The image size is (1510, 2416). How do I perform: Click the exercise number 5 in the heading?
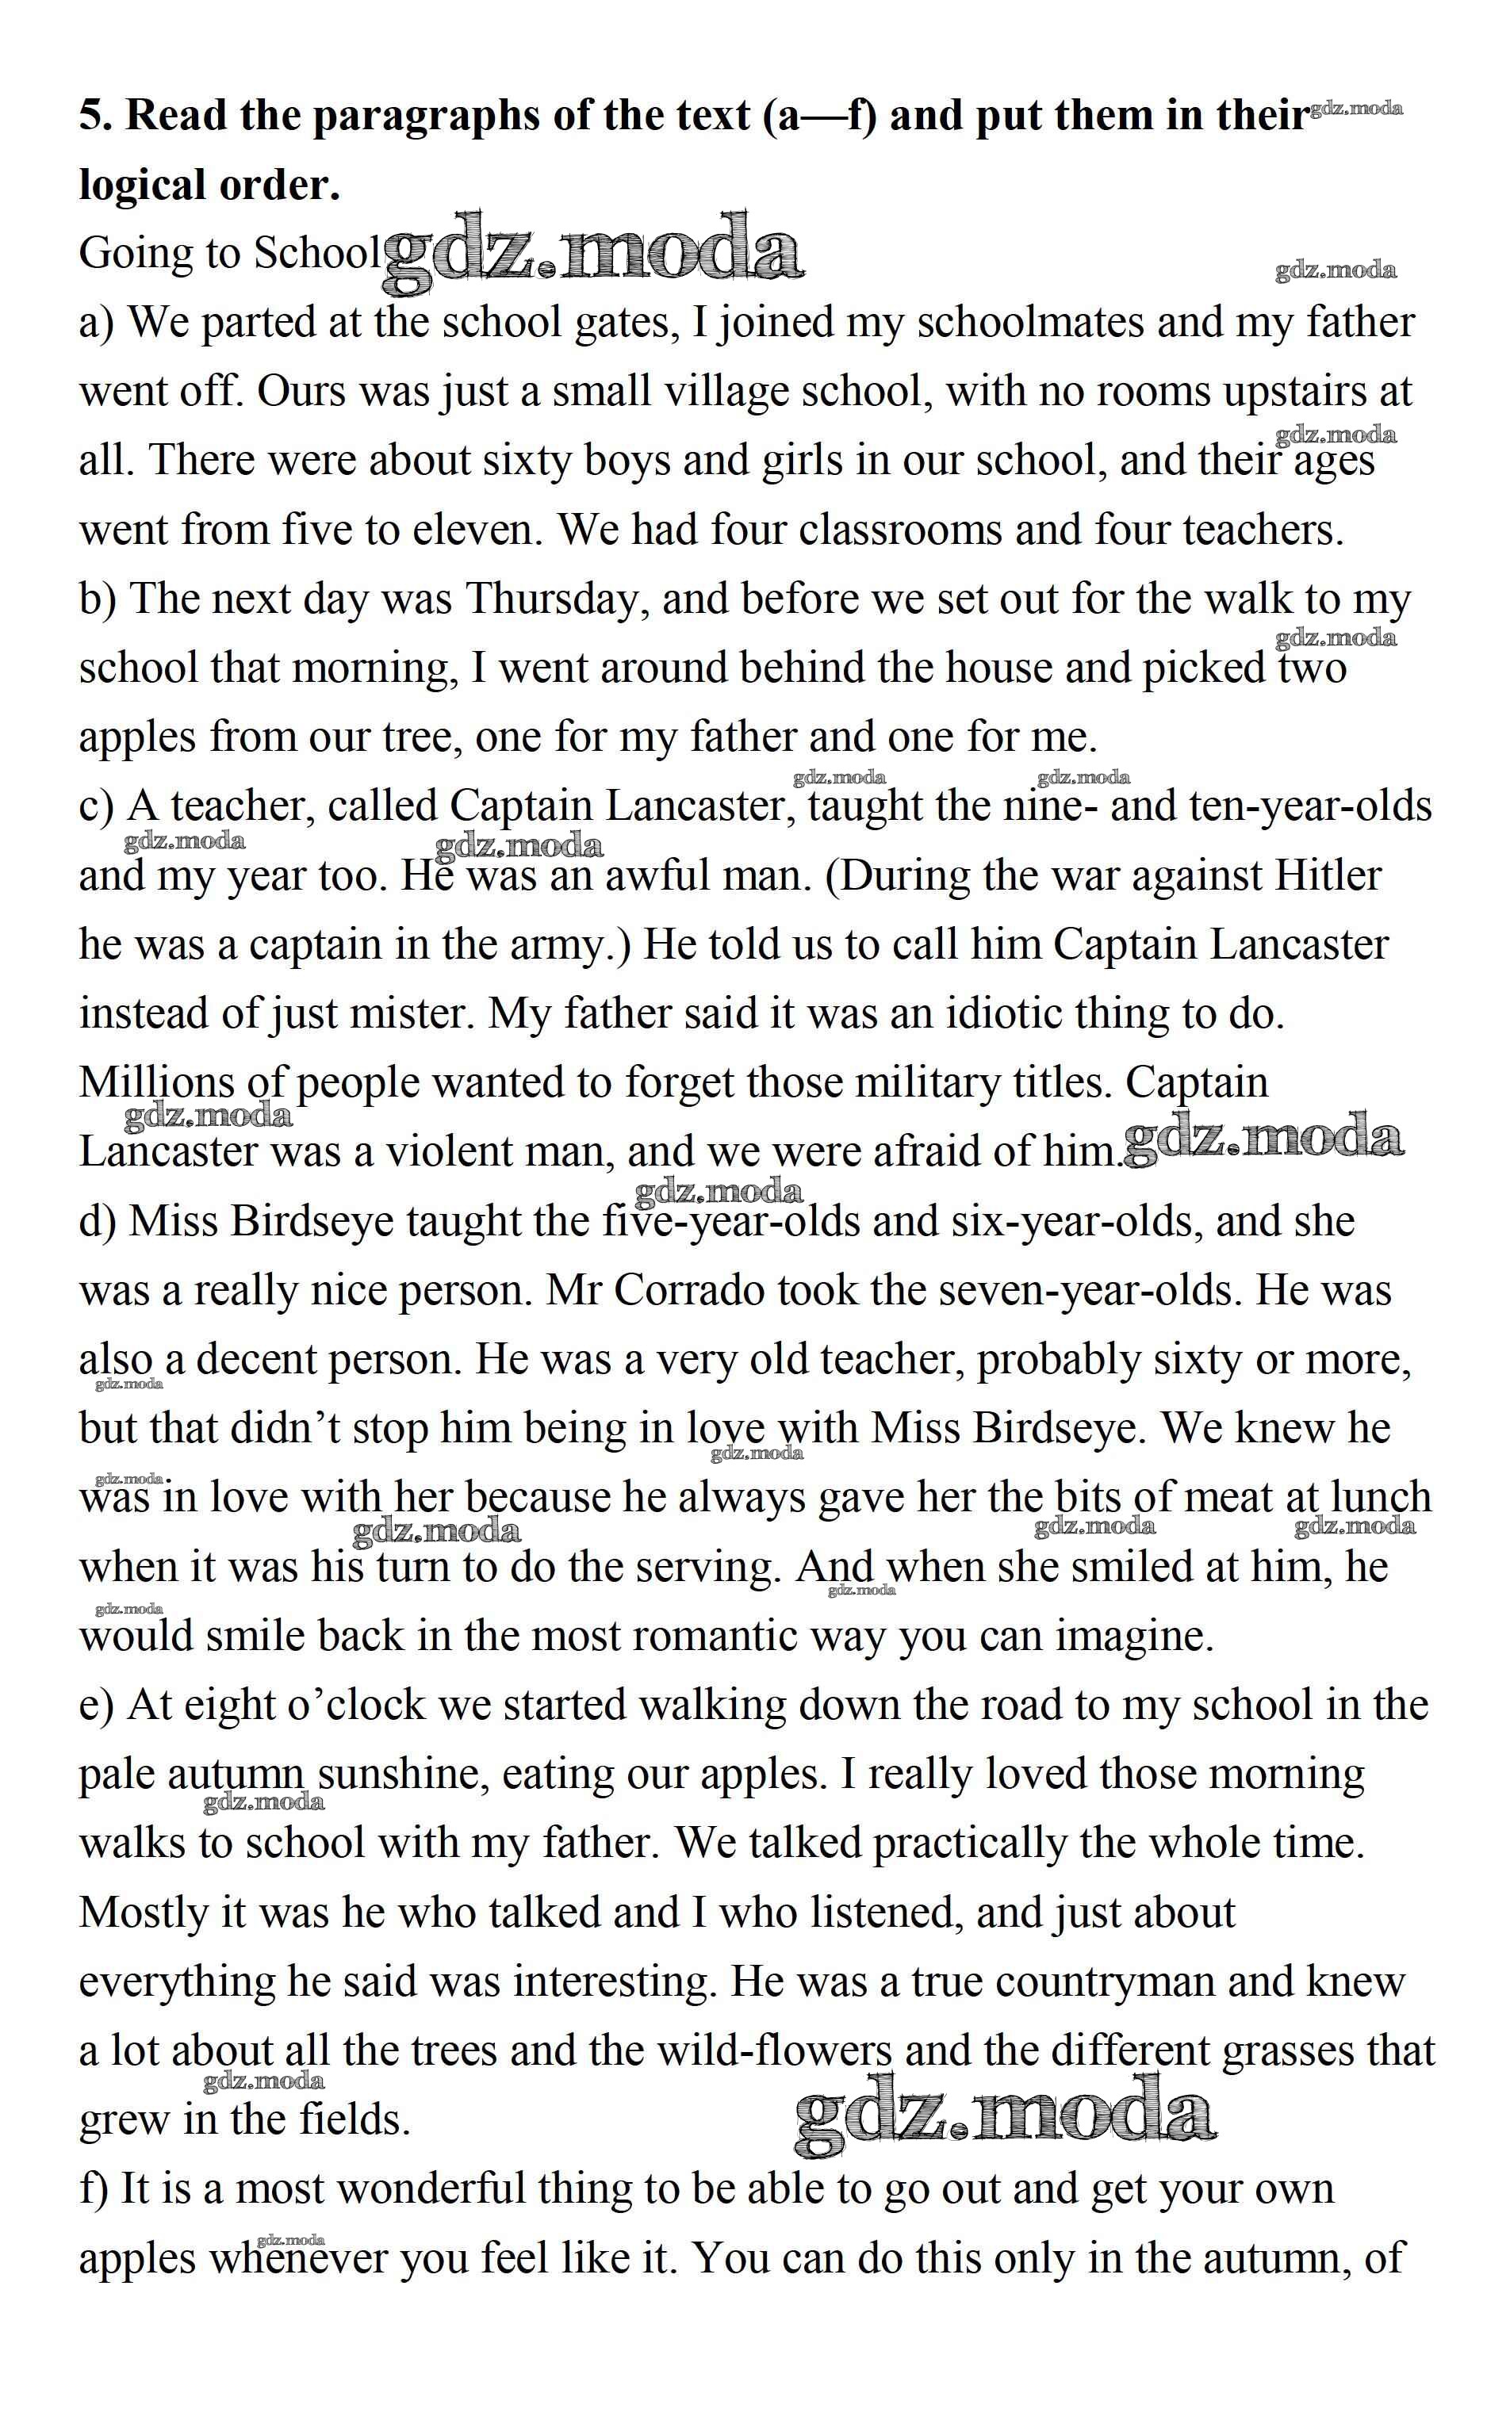click(94, 117)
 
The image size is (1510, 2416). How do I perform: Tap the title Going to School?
click(228, 254)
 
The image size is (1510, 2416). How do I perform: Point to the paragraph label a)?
click(98, 323)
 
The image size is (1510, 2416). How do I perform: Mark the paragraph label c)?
click(97, 806)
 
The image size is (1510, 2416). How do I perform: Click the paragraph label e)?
click(97, 1704)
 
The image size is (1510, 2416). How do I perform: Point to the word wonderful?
click(429, 2188)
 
